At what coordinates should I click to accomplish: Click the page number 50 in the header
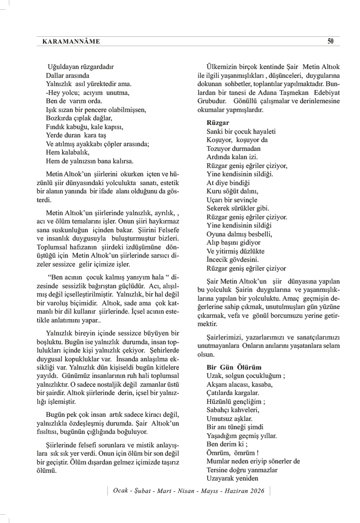coord(330,41)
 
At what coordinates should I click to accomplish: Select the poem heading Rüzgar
coord(218,123)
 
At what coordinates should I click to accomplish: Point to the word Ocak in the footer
coord(121,491)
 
